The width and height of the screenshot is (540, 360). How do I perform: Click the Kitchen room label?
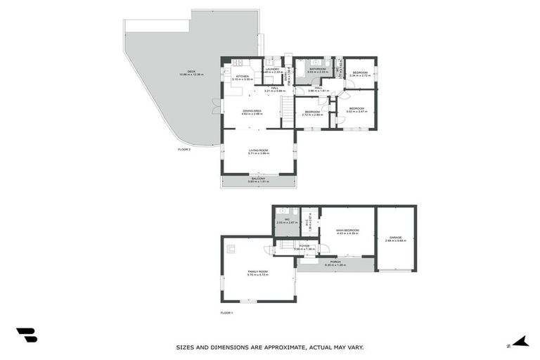pyautogui.click(x=242, y=76)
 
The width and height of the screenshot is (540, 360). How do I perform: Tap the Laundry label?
pyautogui.click(x=274, y=70)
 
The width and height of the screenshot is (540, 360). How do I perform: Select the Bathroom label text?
pyautogui.click(x=319, y=69)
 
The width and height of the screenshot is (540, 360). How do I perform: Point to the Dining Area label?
pyautogui.click(x=252, y=111)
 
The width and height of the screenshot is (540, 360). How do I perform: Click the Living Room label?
pyautogui.click(x=259, y=150)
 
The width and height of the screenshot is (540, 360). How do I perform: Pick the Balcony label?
pyautogui.click(x=259, y=179)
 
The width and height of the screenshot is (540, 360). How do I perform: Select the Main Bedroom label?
pyautogui.click(x=347, y=231)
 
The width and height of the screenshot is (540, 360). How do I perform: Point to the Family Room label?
pyautogui.click(x=257, y=271)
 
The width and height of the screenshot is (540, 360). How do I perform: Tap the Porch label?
pyautogui.click(x=336, y=262)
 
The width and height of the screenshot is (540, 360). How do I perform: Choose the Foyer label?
pyautogui.click(x=304, y=246)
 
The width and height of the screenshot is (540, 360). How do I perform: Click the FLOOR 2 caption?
pyautogui.click(x=184, y=149)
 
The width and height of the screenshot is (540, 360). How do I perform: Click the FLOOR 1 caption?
pyautogui.click(x=226, y=312)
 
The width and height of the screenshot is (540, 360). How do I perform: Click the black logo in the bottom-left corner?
pyautogui.click(x=26, y=335)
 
